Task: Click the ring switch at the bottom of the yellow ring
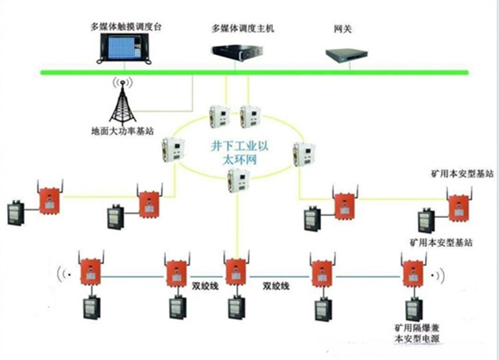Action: [239, 182]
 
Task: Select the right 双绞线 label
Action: [277, 286]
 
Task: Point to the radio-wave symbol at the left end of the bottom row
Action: [62, 272]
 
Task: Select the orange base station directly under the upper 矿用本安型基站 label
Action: [457, 205]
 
